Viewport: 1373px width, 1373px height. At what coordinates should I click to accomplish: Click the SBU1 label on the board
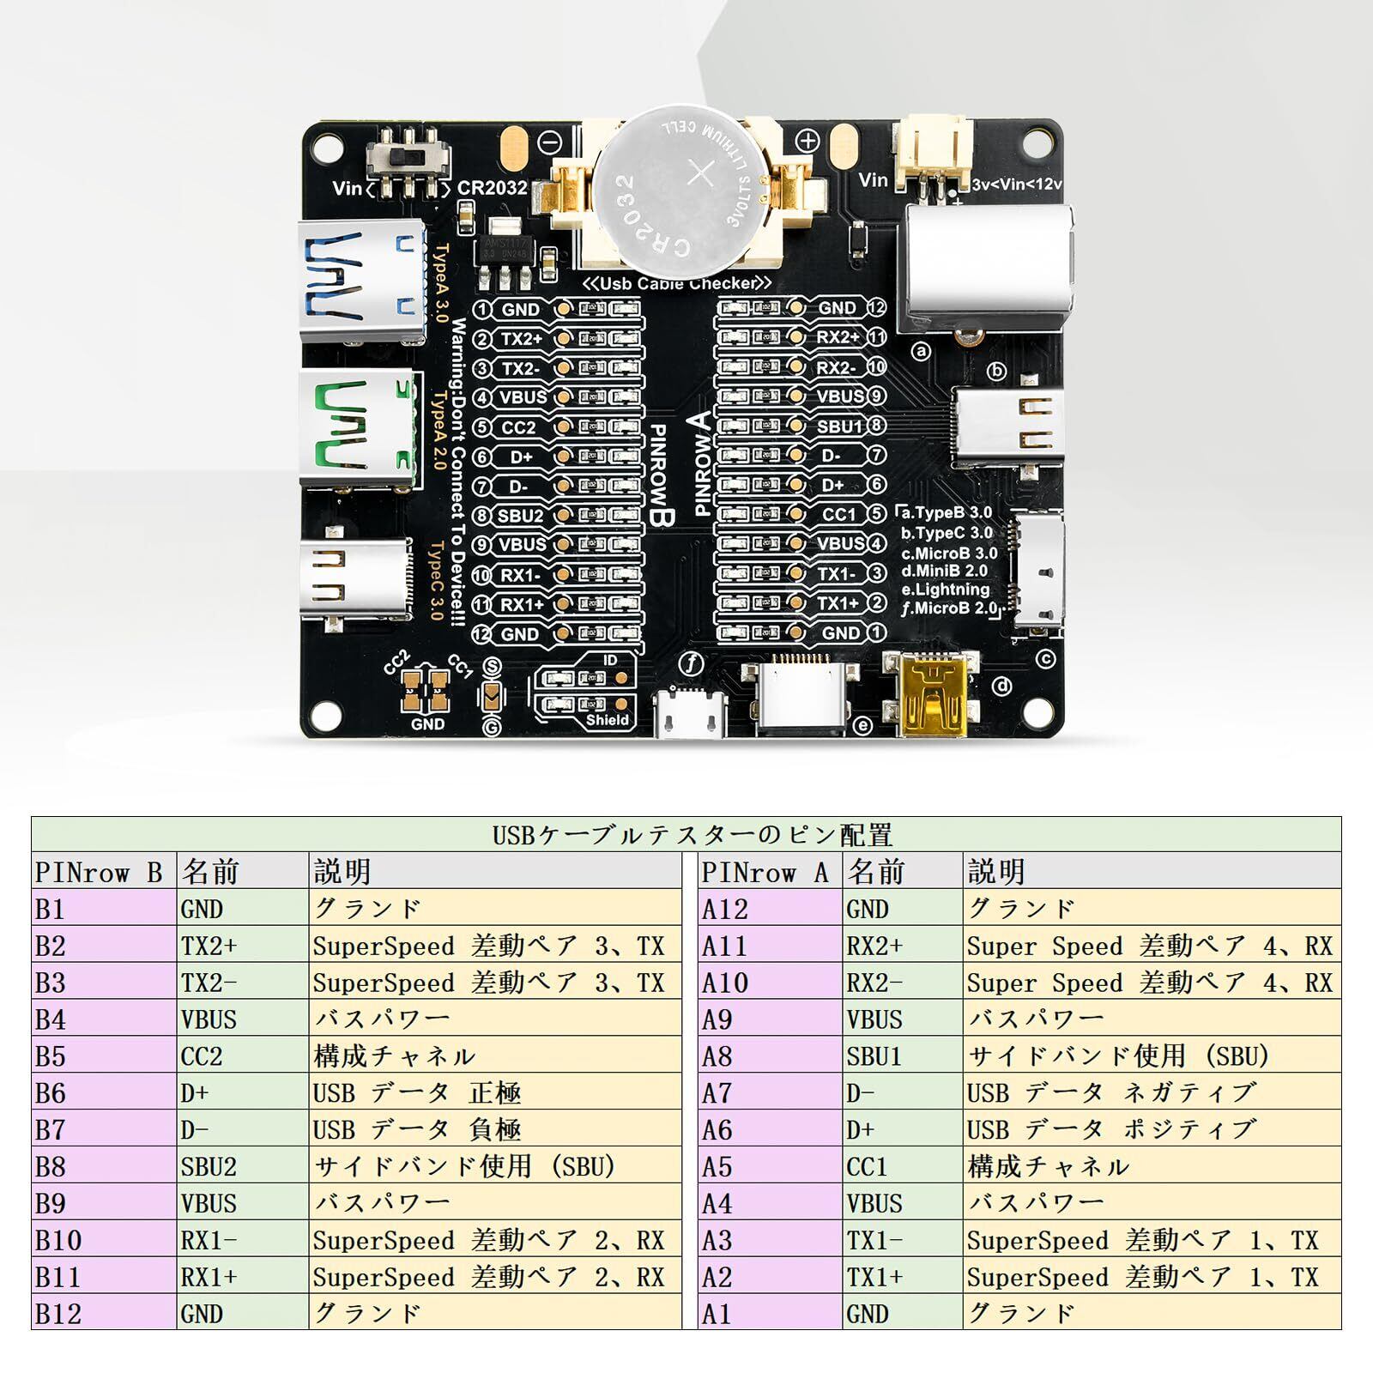838,426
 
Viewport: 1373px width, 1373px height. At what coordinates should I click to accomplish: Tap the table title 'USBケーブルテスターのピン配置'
686,834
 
